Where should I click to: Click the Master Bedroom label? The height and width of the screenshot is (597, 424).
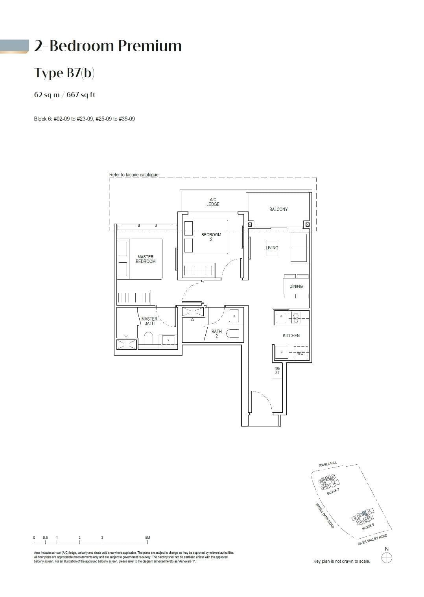click(x=146, y=259)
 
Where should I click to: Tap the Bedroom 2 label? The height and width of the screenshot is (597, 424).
click(x=211, y=237)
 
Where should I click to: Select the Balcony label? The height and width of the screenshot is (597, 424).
click(x=278, y=210)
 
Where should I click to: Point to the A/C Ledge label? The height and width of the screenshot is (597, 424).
click(x=213, y=202)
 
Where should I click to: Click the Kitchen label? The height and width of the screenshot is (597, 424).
click(x=291, y=336)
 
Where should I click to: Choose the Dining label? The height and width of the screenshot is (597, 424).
click(x=296, y=286)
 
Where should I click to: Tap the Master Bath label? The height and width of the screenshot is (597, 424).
click(x=149, y=321)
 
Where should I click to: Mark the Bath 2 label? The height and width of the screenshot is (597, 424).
click(x=216, y=334)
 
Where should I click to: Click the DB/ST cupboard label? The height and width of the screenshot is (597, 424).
click(x=277, y=371)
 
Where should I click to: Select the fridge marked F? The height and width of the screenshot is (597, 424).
click(x=282, y=353)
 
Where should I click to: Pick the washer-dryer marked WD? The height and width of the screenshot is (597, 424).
click(x=300, y=353)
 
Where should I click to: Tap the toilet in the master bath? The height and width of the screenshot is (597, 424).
click(x=148, y=338)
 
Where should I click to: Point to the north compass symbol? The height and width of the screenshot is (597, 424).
click(x=387, y=558)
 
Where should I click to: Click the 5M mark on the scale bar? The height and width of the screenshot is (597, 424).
click(x=147, y=538)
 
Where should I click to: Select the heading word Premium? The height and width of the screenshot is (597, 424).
click(x=150, y=46)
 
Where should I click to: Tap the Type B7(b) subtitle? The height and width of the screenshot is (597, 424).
click(x=64, y=73)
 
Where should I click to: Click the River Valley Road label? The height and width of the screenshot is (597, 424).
click(x=372, y=540)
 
